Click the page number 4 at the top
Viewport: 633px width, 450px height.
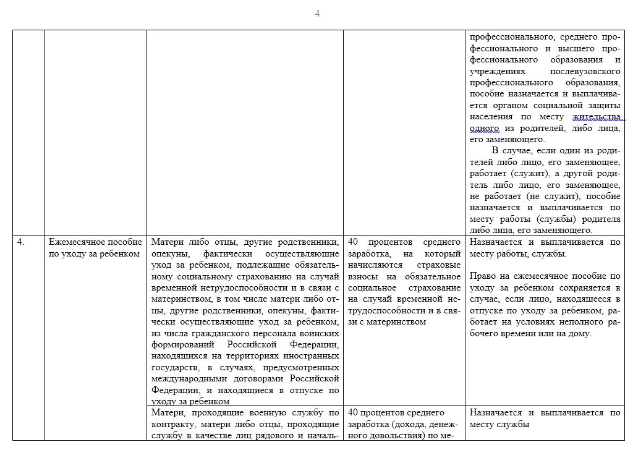click(x=317, y=14)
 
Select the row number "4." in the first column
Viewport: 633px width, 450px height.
click(x=21, y=242)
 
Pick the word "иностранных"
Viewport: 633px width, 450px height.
click(x=312, y=356)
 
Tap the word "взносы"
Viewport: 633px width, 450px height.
click(x=366, y=276)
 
